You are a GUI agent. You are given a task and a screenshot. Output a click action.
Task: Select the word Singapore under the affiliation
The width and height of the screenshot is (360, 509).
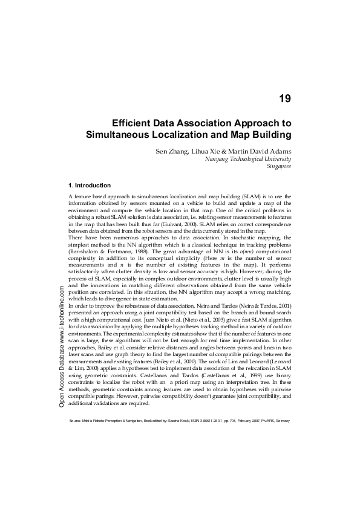tap(279, 166)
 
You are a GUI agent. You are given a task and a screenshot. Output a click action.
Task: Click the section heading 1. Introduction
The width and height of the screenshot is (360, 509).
tap(90, 184)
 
